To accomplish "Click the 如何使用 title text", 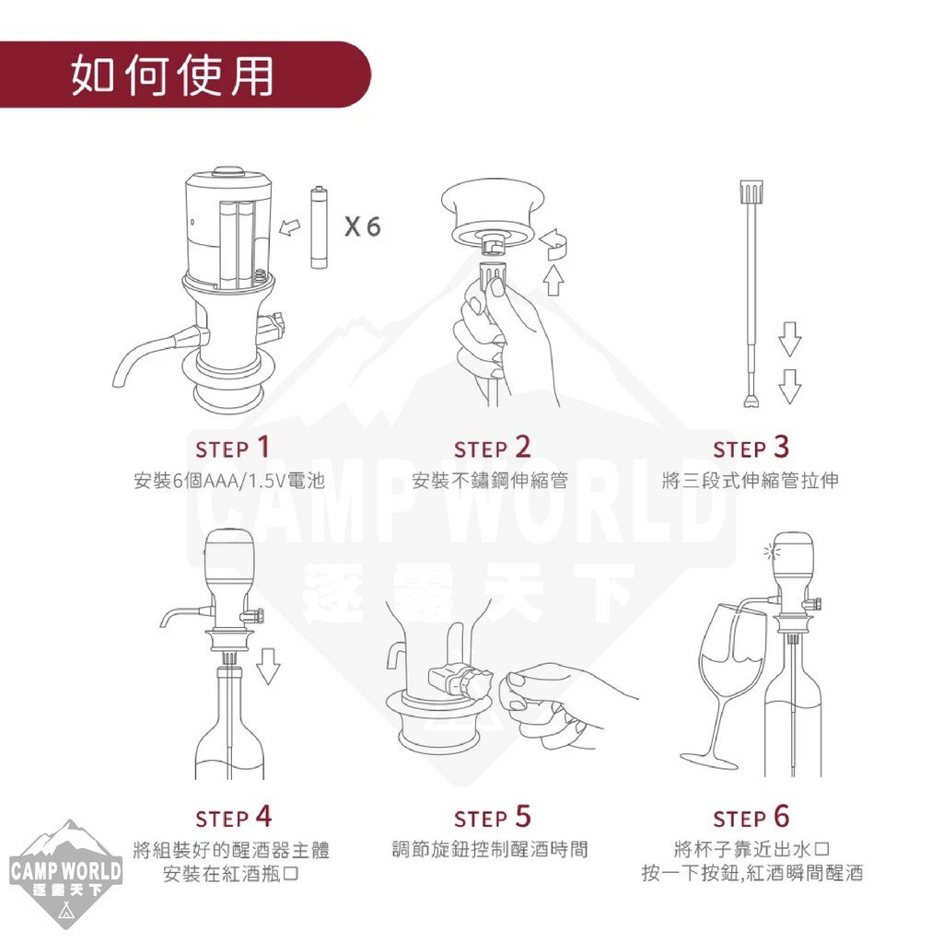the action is pyautogui.click(x=172, y=75).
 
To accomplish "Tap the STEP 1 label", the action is pyautogui.click(x=233, y=448).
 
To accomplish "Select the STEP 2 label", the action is pyautogui.click(x=492, y=448).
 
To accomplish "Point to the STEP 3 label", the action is pyautogui.click(x=751, y=448).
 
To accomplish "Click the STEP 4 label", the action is pyautogui.click(x=233, y=817).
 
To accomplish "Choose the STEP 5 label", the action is pyautogui.click(x=492, y=817).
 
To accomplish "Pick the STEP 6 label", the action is pyautogui.click(x=751, y=817).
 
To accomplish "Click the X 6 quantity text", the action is pyautogui.click(x=362, y=227).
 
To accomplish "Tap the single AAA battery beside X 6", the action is pyautogui.click(x=319, y=227).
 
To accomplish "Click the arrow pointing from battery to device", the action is pyautogui.click(x=290, y=227).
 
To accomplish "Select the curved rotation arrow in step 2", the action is pyautogui.click(x=554, y=243).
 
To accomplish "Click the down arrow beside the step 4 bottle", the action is pyautogui.click(x=268, y=666).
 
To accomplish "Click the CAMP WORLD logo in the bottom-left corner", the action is pyautogui.click(x=66, y=873).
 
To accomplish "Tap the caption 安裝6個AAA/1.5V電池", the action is pyautogui.click(x=229, y=481).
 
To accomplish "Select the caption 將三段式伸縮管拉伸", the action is pyautogui.click(x=750, y=481).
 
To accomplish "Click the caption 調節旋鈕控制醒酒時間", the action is pyautogui.click(x=490, y=849).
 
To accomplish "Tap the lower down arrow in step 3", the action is pyautogui.click(x=789, y=386).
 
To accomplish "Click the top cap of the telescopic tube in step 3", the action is pyautogui.click(x=751, y=192).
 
